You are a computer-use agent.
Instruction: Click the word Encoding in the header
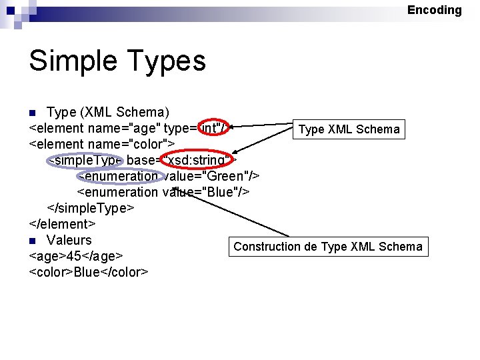click(x=434, y=10)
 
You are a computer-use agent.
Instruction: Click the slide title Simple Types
click(x=117, y=61)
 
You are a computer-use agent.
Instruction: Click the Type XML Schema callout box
click(x=349, y=129)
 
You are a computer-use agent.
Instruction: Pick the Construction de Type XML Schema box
click(x=327, y=247)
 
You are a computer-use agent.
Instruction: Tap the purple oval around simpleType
click(x=85, y=160)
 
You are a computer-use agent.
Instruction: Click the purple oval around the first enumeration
click(x=120, y=176)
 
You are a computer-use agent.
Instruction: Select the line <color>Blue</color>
click(x=89, y=272)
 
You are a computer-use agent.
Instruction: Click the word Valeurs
click(x=69, y=240)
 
